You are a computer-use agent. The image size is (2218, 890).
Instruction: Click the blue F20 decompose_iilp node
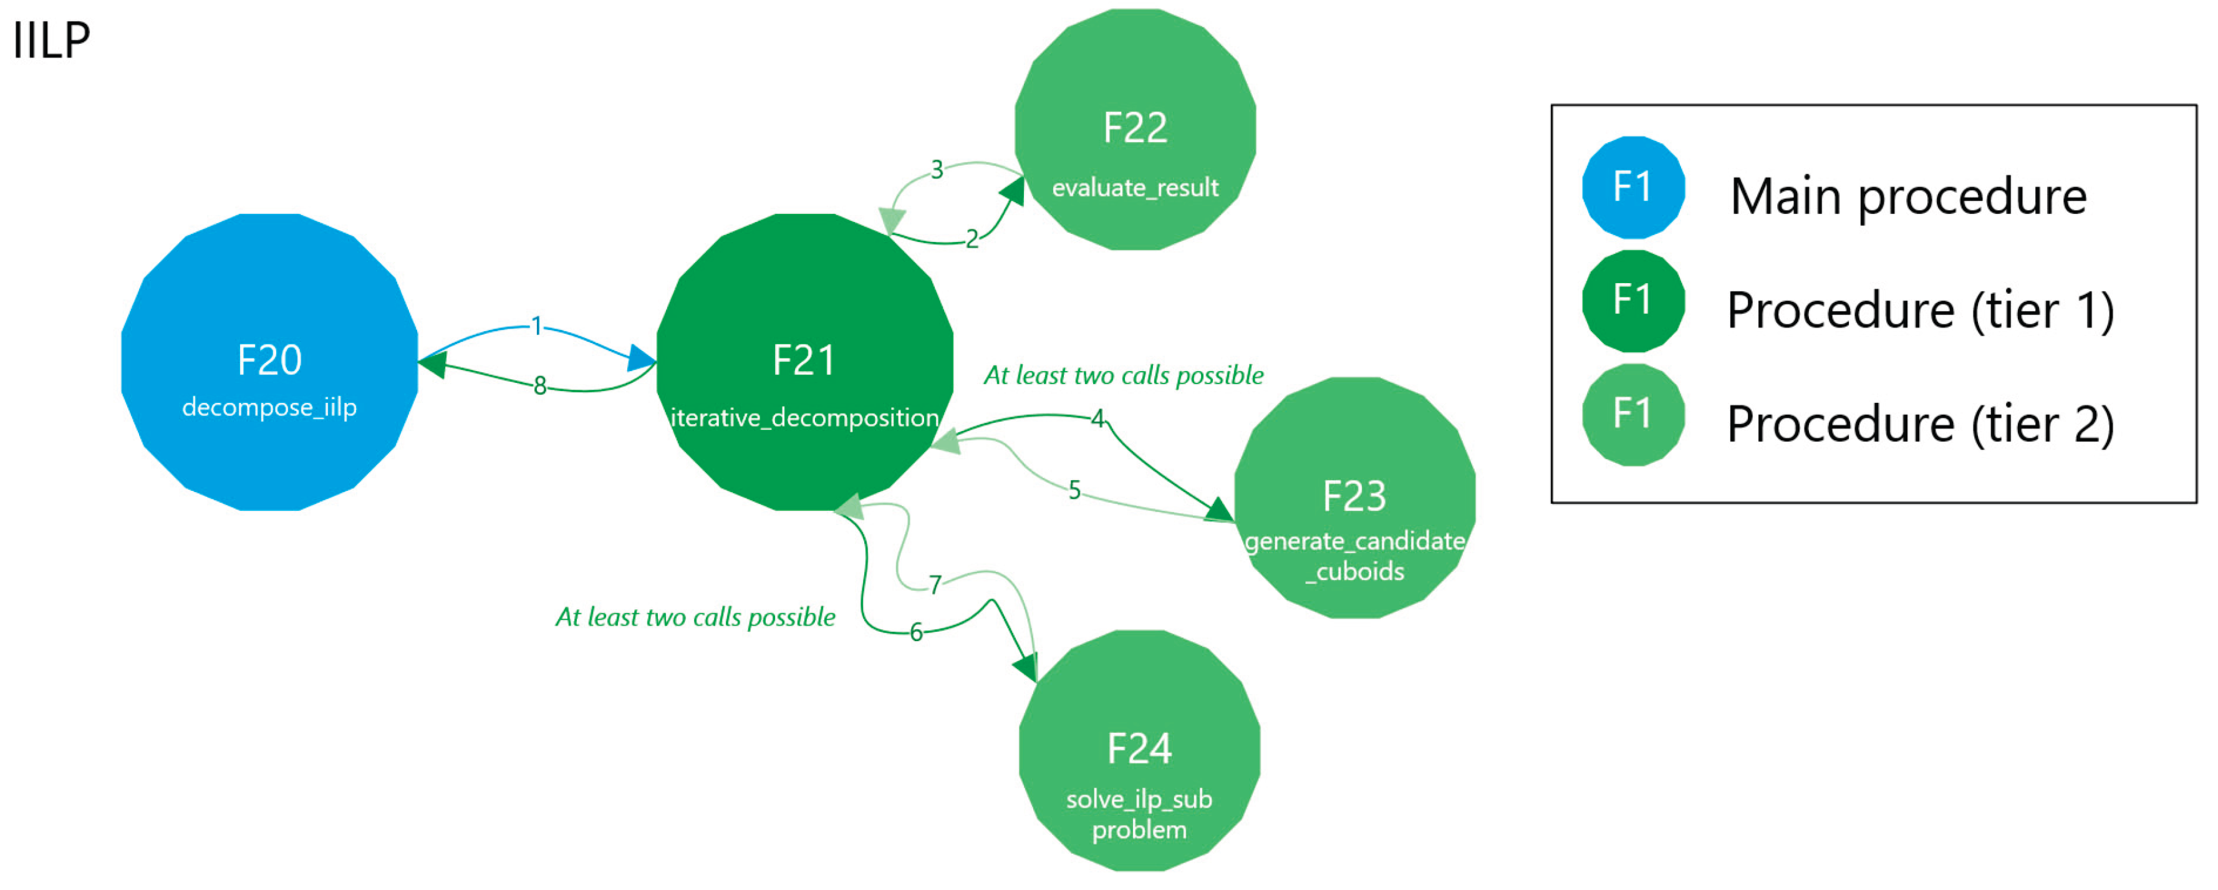tap(269, 362)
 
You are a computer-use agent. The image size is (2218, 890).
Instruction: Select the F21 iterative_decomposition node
tap(804, 362)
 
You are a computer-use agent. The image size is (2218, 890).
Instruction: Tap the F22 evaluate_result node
tap(1135, 129)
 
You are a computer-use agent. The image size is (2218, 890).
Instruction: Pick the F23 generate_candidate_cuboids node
tap(1354, 497)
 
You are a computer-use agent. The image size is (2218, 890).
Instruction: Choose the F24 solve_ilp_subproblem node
tap(1139, 750)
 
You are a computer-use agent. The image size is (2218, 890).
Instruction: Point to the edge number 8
tap(540, 385)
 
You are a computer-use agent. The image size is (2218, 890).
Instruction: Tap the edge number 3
tap(937, 169)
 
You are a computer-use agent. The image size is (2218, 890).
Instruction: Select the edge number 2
tap(972, 239)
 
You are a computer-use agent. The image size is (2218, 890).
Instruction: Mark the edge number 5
tap(1074, 490)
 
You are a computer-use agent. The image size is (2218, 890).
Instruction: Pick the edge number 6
tap(916, 632)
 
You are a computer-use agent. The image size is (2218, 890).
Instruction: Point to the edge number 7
tap(935, 585)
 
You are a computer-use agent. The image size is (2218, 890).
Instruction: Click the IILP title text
tap(52, 40)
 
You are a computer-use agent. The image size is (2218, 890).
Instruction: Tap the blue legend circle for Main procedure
tap(1632, 187)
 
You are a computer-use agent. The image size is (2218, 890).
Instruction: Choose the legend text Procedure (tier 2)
tap(1920, 424)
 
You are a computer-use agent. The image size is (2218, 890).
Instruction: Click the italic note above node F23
tap(1124, 375)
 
